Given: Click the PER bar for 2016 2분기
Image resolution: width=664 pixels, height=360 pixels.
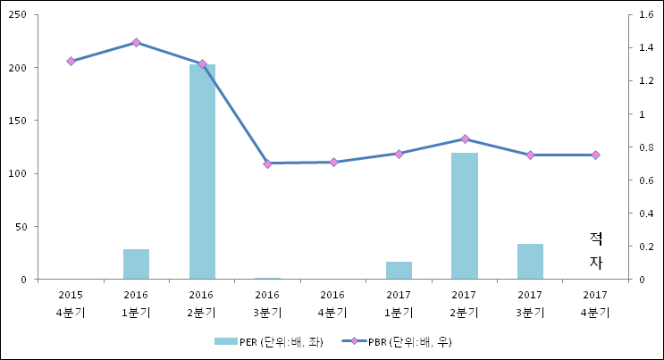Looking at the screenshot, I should (202, 172).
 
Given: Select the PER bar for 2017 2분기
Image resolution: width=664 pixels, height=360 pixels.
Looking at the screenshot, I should (464, 216).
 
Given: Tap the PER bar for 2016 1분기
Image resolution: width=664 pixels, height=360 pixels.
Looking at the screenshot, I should (136, 264).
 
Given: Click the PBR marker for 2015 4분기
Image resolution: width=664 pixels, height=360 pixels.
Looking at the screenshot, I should (71, 61).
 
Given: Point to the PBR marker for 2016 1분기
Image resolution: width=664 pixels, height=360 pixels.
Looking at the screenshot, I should (136, 42).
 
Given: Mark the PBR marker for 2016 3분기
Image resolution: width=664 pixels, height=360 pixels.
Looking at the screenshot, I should (267, 163).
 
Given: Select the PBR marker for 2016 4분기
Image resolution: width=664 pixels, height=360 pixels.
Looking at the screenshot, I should (333, 162).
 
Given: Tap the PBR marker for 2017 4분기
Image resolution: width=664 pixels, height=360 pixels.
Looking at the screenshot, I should (596, 155).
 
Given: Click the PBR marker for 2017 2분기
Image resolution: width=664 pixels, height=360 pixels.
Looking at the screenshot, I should (464, 138).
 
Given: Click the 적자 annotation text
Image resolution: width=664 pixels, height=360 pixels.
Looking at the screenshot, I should (596, 250).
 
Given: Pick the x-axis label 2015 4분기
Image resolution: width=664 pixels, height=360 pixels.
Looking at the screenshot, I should (71, 303).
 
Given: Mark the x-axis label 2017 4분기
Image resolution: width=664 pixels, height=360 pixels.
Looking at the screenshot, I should (596, 303).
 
